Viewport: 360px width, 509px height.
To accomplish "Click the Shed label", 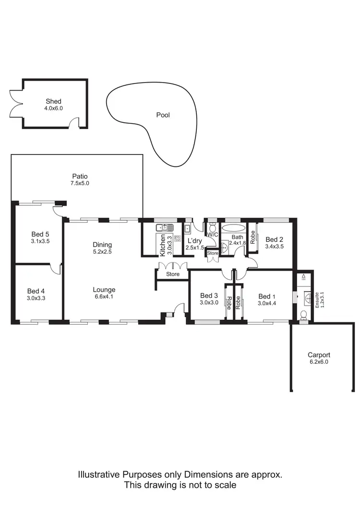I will [54, 101].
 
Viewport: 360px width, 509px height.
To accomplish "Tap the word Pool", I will [163, 115].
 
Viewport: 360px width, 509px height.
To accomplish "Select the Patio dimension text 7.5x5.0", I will [80, 183].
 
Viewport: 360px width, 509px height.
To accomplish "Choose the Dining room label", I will [102, 245].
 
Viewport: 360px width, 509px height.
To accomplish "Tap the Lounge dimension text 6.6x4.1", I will [104, 296].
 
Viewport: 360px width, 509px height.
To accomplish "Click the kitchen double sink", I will [164, 227].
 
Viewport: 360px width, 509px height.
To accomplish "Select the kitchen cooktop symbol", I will [177, 238].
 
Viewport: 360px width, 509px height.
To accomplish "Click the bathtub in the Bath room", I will [233, 228].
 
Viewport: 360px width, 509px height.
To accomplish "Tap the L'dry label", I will [194, 241].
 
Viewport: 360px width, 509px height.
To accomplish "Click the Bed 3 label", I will [209, 296].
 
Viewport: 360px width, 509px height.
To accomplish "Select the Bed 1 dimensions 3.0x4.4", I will [267, 303].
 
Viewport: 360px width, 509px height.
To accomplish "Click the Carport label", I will [319, 355].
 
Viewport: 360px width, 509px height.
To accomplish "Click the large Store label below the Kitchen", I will [172, 274].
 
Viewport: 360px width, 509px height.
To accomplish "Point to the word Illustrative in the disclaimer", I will [99, 474].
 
